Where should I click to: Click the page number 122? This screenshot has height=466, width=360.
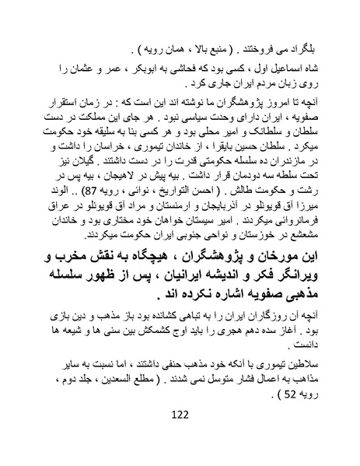180,436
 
